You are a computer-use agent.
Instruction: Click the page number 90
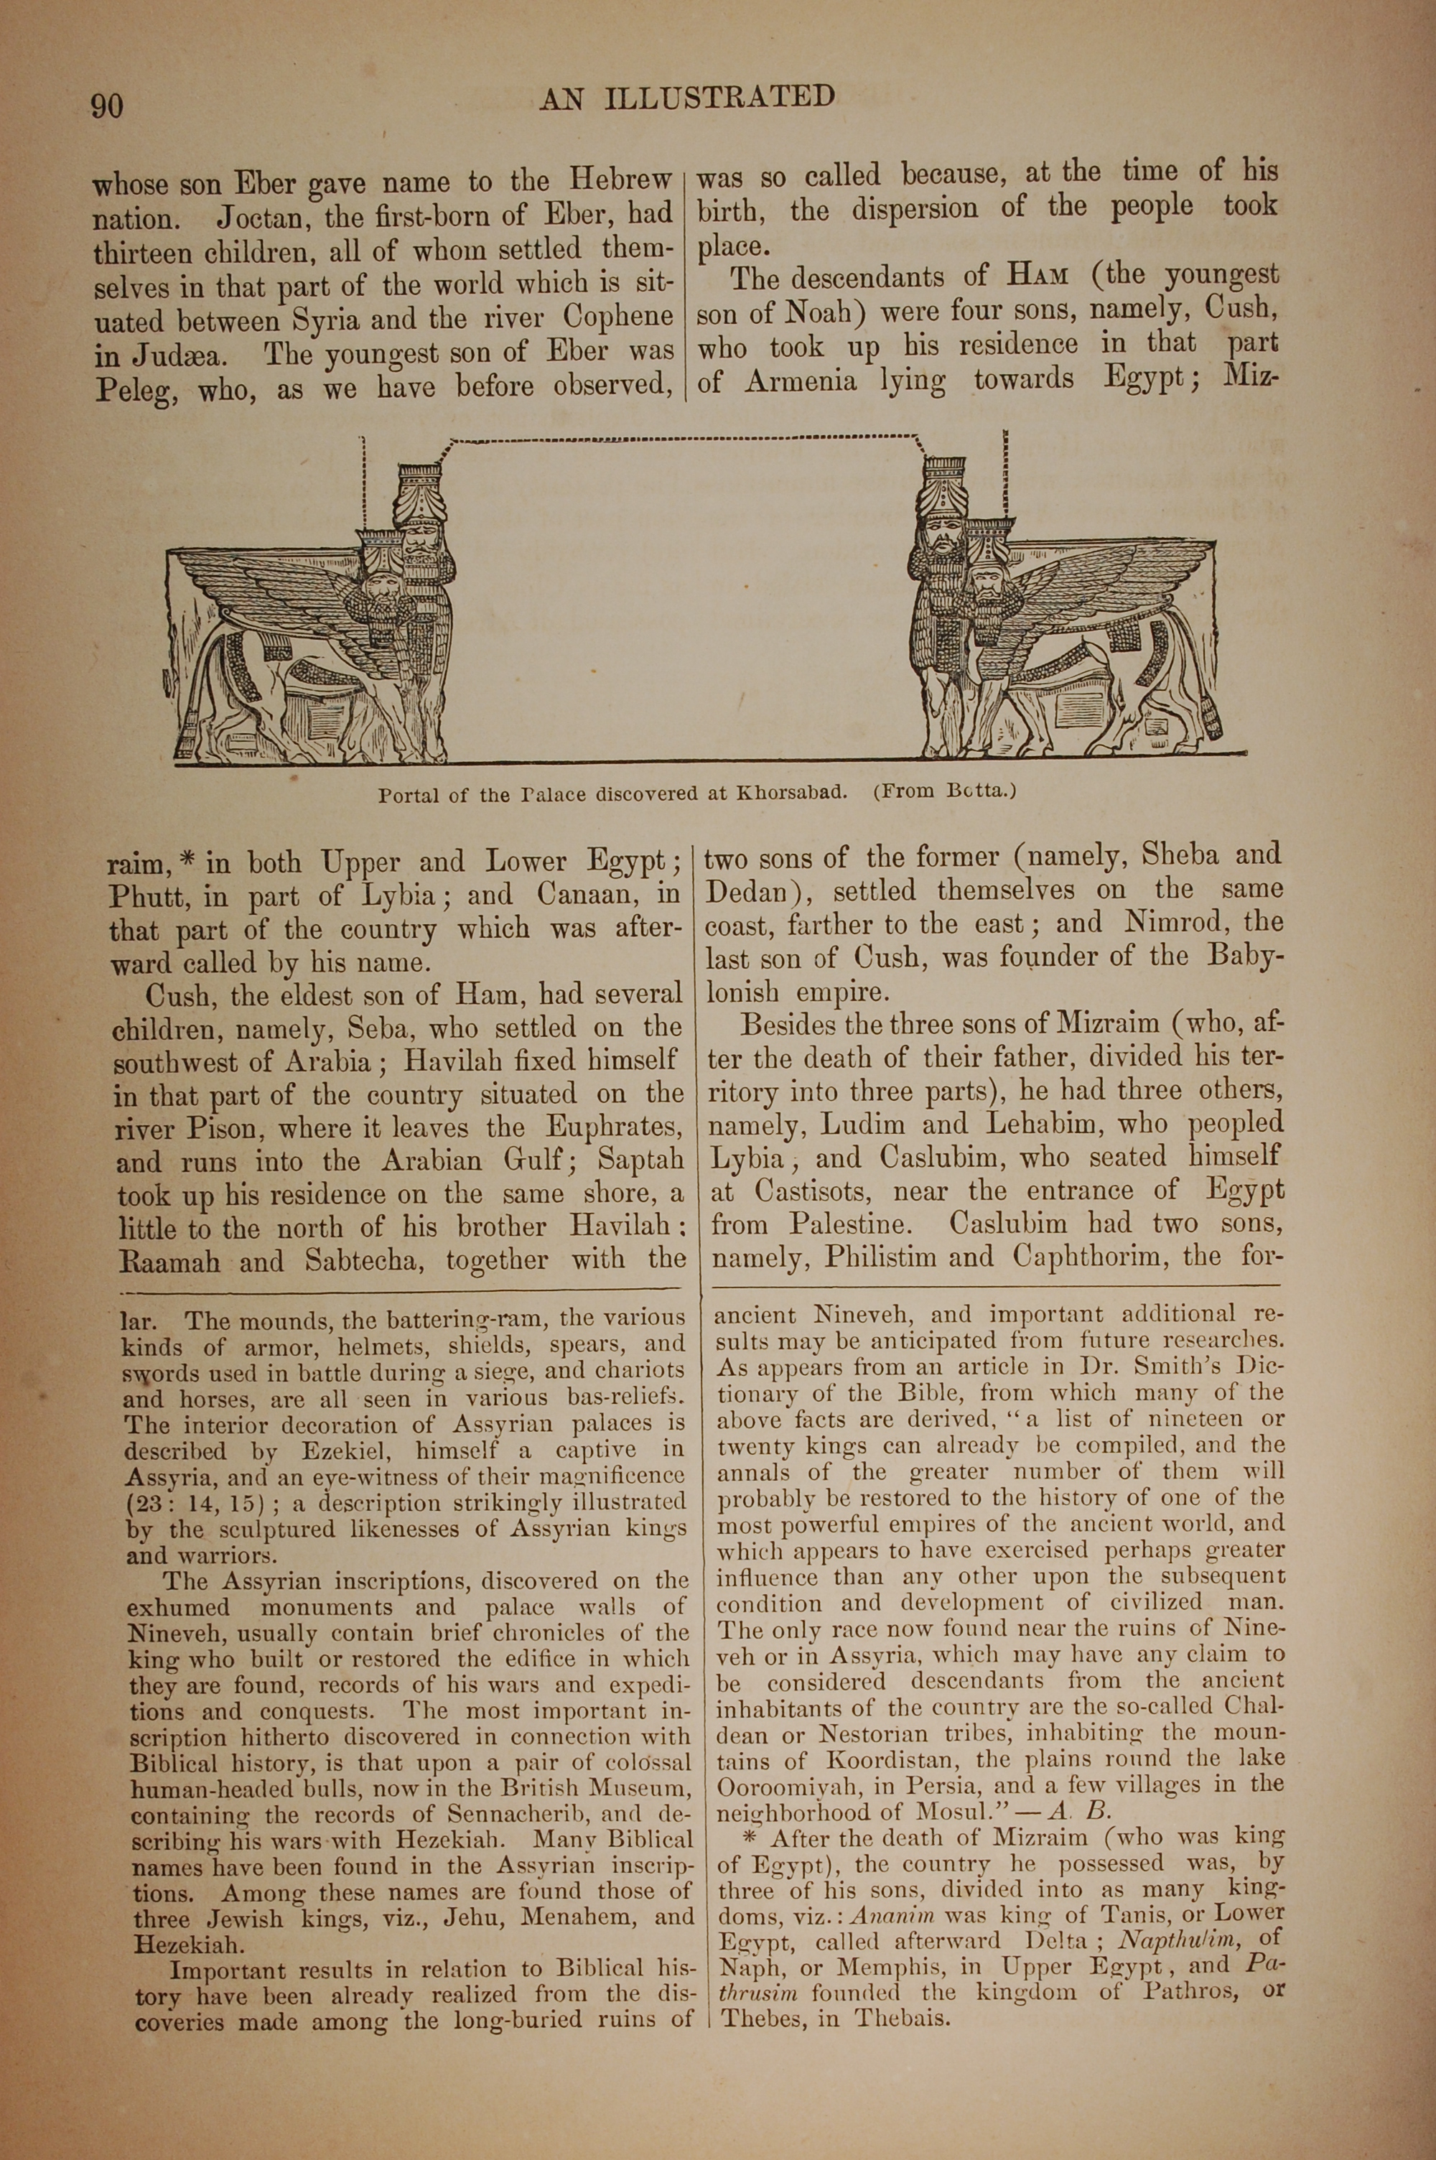point(107,106)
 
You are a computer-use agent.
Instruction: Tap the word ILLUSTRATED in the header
point(719,97)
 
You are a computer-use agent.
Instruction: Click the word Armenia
point(800,381)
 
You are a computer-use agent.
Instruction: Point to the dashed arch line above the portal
point(687,439)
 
